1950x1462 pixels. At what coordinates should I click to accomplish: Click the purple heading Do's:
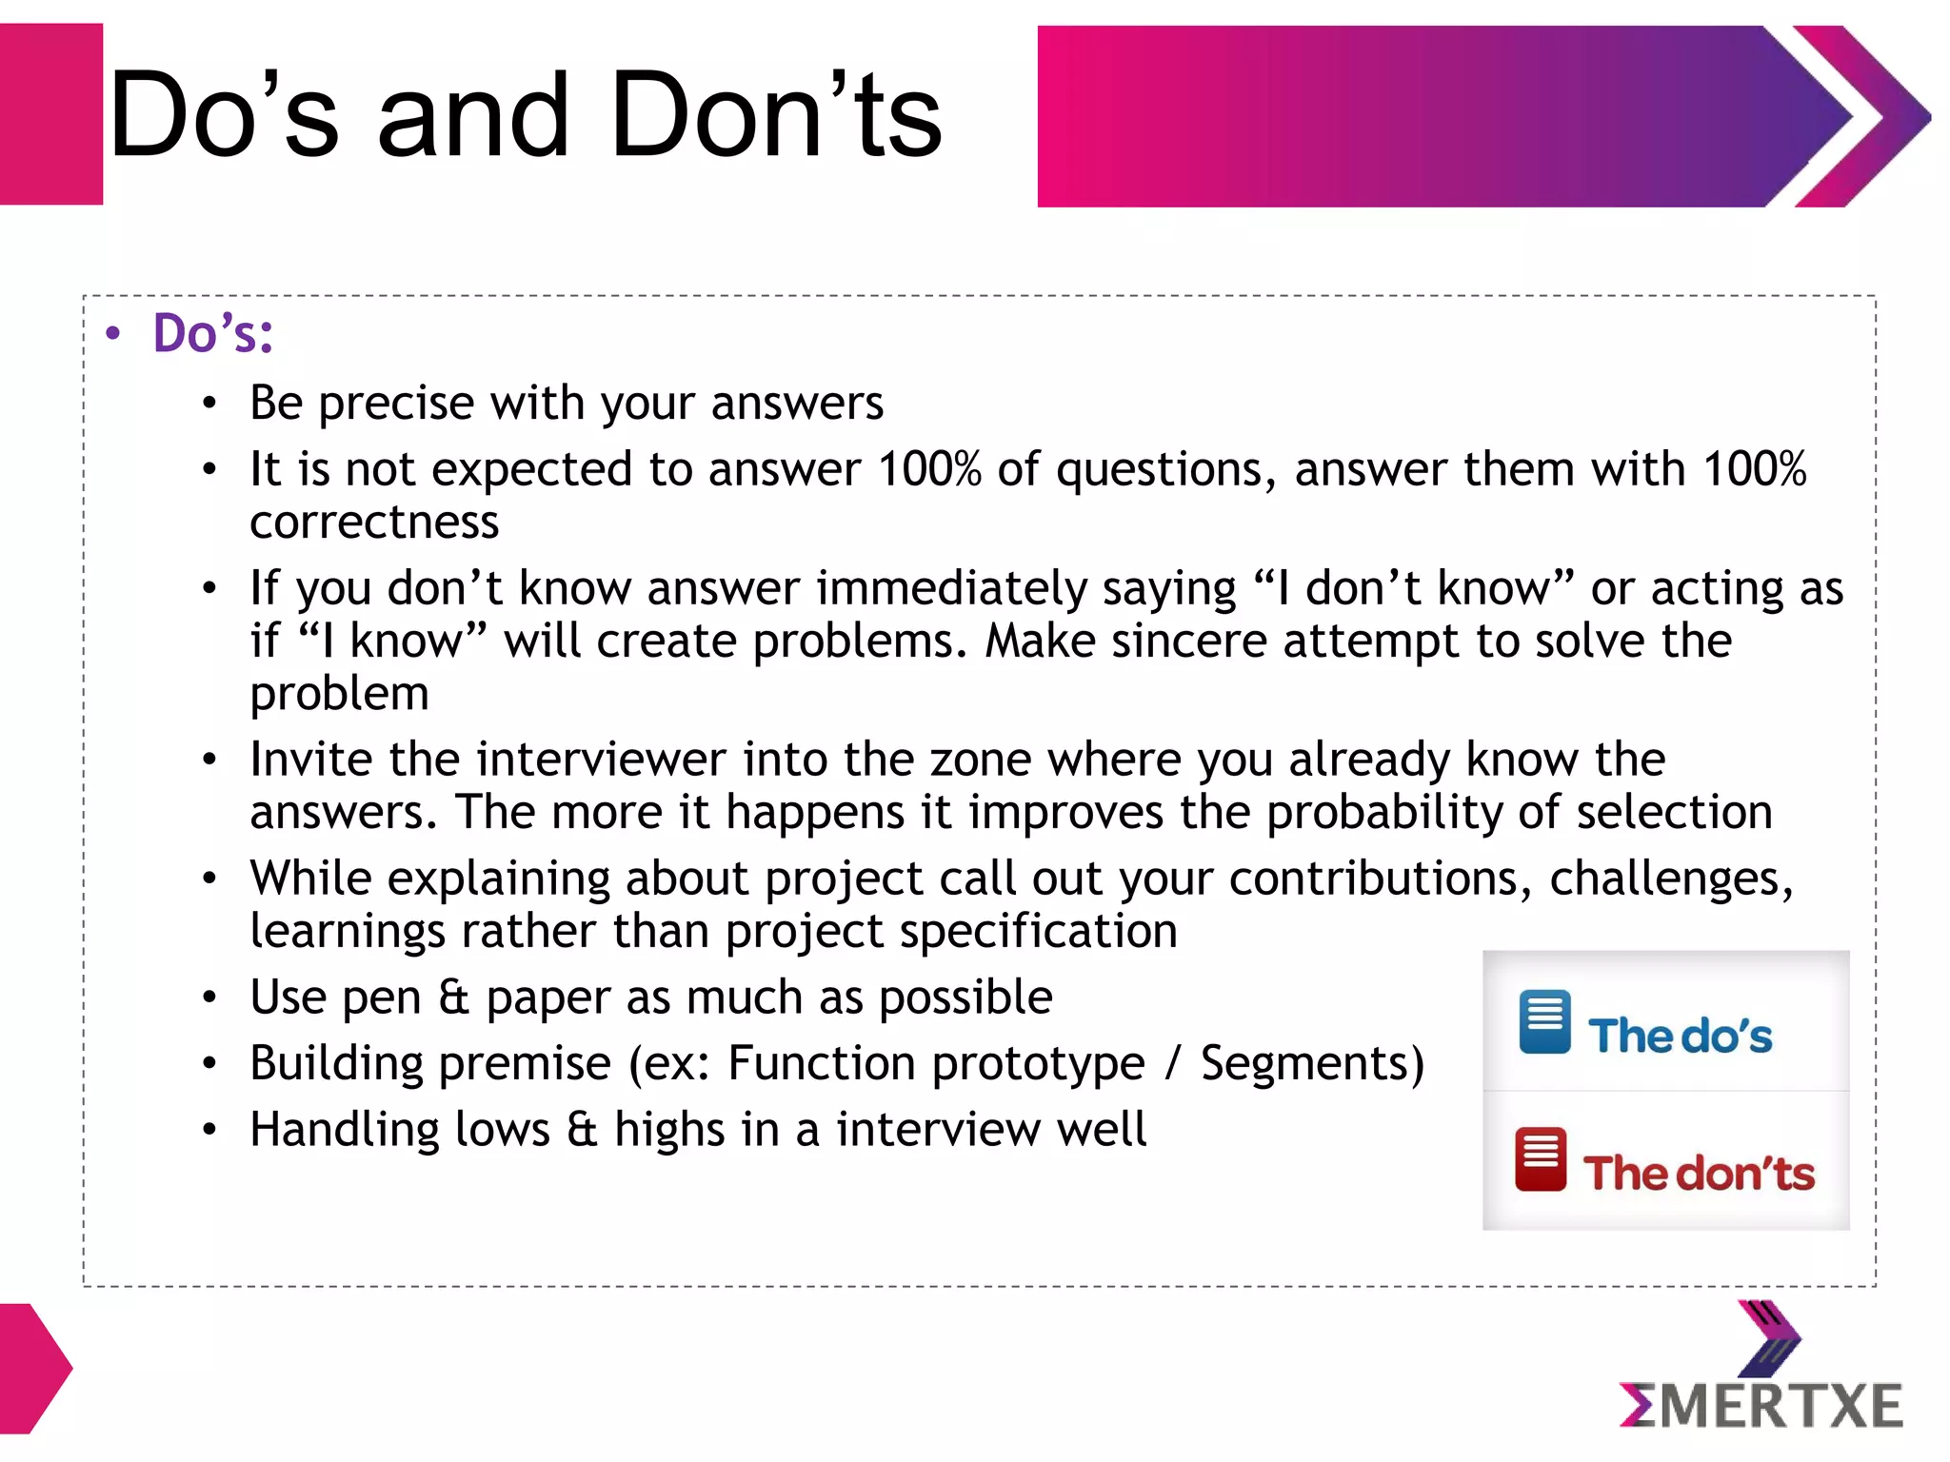pos(213,334)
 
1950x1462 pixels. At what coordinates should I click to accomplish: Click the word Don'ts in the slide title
pos(776,116)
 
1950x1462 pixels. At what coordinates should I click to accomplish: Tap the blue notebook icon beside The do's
pos(1544,1022)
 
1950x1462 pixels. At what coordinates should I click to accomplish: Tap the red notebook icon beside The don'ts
pos(1541,1159)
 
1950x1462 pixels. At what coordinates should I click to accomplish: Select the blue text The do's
pos(1680,1036)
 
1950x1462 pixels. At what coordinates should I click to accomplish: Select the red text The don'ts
pos(1699,1173)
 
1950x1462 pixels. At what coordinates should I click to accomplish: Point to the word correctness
pos(374,523)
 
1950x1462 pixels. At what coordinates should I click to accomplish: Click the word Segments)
pos(1312,1063)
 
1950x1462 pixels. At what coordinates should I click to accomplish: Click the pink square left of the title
pos(50,114)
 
